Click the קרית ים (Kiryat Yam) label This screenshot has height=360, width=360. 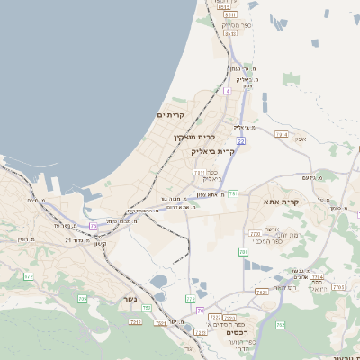coord(170,115)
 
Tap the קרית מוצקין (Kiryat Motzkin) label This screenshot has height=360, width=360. coord(194,137)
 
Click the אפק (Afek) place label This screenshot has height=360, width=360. coord(301,139)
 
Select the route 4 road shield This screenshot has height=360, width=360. coord(228,91)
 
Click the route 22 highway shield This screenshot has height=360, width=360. coord(240,140)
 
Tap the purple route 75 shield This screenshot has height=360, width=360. coord(94,226)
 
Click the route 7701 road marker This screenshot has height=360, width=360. coord(338,287)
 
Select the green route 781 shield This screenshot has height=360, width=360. coord(243,253)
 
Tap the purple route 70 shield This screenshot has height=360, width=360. coord(200,310)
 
